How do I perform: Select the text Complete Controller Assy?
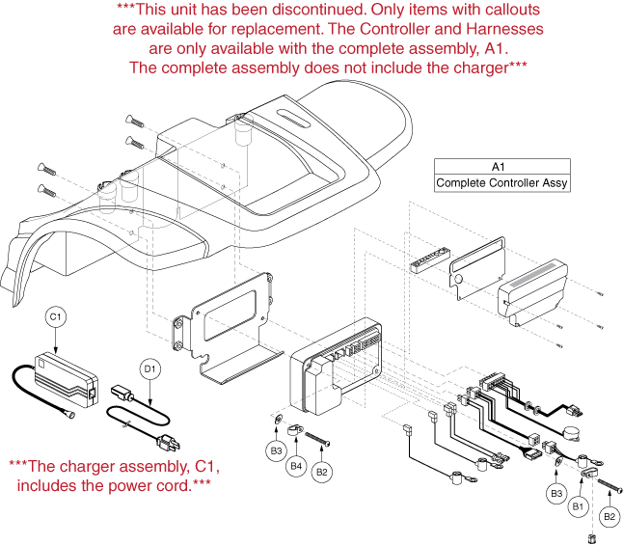coord(502,182)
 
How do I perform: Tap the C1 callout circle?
coord(55,316)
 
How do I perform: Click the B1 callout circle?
coord(580,504)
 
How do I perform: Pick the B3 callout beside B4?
coord(276,449)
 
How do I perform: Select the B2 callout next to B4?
coord(324,472)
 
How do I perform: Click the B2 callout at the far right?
coord(609,516)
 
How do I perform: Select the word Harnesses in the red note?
coord(496,29)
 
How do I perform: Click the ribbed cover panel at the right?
coord(536,284)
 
